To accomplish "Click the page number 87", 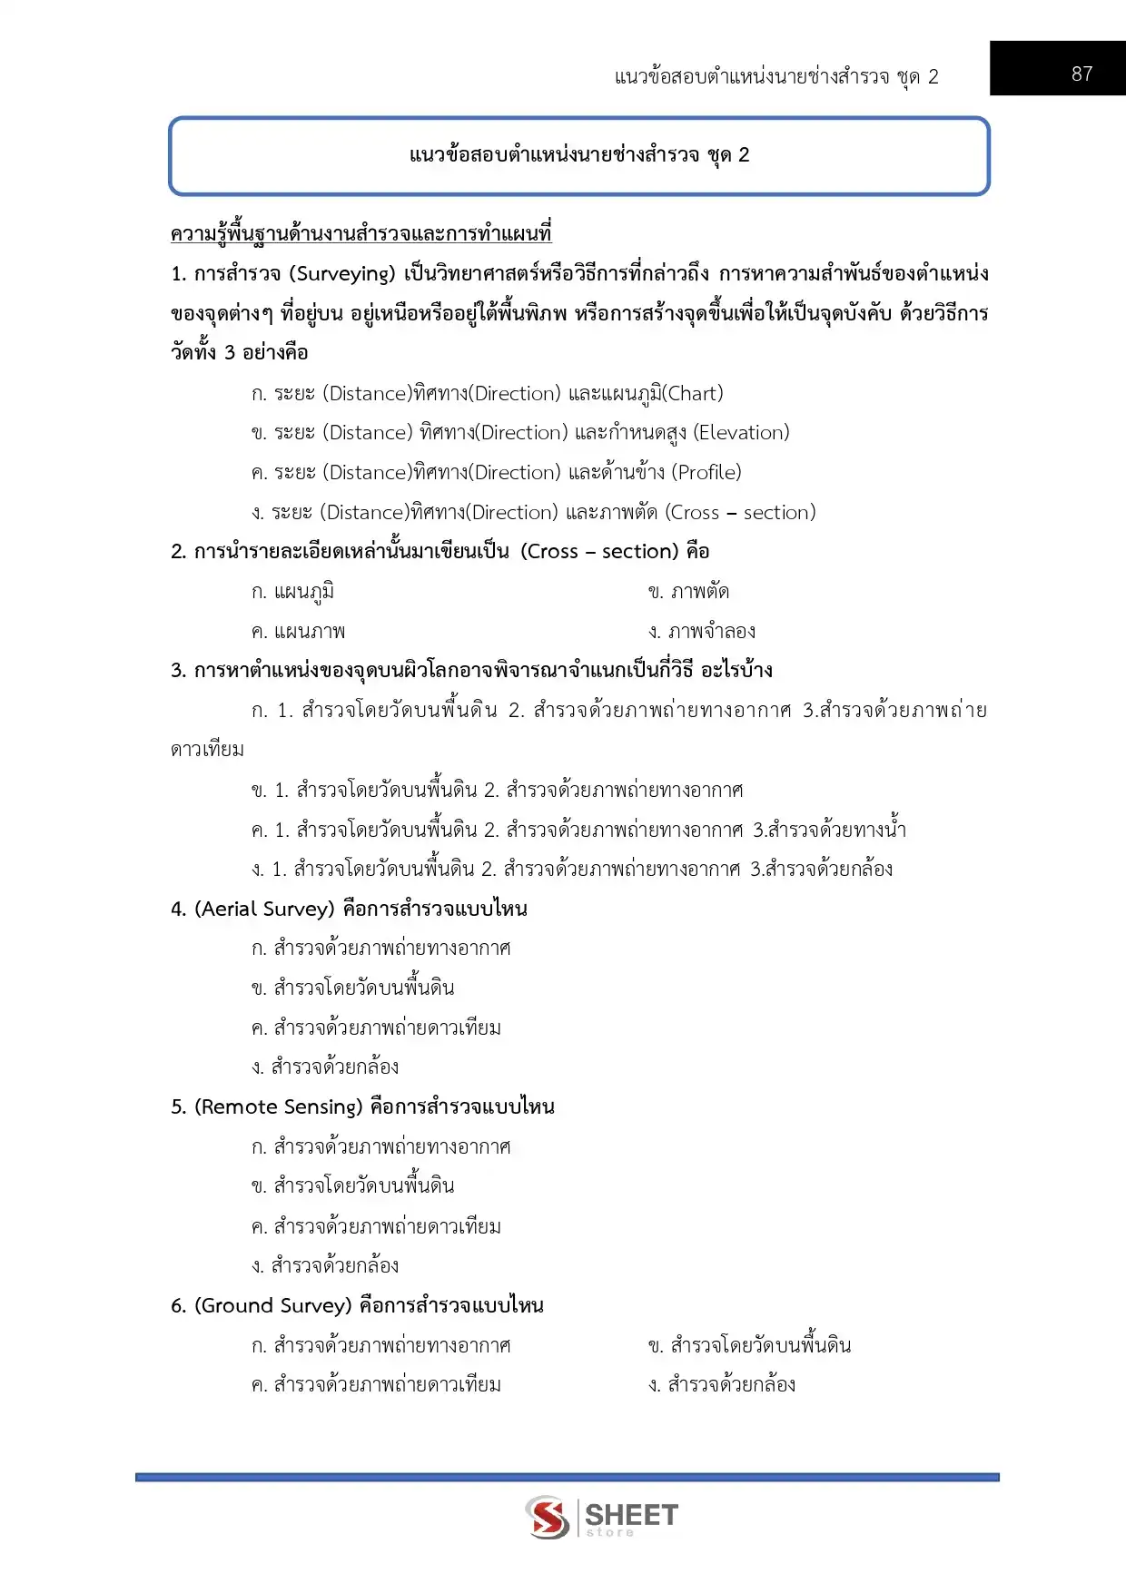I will point(1082,74).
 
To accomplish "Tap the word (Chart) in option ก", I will point(693,393).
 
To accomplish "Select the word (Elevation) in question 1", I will point(741,432).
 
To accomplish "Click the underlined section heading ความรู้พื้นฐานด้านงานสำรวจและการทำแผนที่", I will point(361,233).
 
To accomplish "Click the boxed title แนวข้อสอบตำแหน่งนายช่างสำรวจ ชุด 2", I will point(578,154).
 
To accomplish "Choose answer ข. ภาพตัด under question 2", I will point(688,592).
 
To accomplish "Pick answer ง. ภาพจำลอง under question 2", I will point(701,631).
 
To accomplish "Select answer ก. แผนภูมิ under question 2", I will point(292,592).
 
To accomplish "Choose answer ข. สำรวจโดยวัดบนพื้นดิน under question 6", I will point(749,1345).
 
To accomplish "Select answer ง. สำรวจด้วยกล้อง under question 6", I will point(722,1384).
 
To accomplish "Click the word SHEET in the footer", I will point(631,1514).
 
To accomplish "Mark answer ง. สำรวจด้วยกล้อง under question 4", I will point(325,1067).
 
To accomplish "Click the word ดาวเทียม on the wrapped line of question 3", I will point(207,750).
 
